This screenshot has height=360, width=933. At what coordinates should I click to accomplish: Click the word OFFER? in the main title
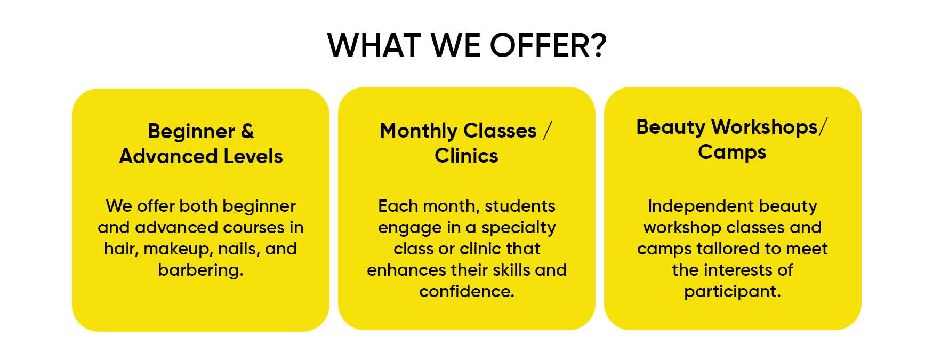coord(548,45)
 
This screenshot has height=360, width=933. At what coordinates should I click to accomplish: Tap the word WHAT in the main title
coord(374,45)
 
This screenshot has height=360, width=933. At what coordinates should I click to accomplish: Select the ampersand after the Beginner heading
coord(247,131)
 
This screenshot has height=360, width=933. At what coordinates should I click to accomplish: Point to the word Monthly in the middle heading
coord(419,131)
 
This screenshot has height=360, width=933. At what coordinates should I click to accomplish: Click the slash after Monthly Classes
coord(548,131)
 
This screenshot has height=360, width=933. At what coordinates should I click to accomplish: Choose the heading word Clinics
coord(466,156)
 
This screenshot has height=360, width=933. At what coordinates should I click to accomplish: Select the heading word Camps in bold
coord(732,153)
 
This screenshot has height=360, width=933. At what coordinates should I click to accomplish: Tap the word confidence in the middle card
coord(464,292)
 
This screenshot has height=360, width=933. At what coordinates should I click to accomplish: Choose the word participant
coord(730,292)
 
